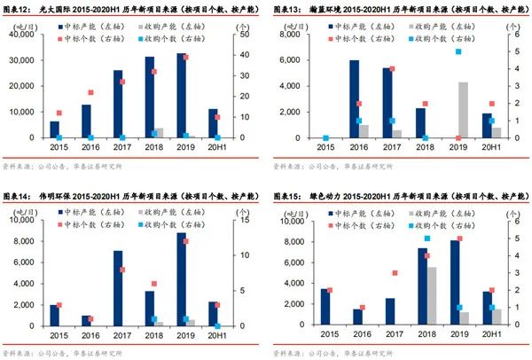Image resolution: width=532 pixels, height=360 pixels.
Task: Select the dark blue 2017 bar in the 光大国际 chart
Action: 118,104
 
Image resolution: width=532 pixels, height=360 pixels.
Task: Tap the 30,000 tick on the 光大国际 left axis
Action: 29,59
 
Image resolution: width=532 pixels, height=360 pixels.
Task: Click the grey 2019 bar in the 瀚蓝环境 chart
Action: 463,110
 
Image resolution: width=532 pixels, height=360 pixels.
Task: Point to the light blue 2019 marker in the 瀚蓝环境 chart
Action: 458,51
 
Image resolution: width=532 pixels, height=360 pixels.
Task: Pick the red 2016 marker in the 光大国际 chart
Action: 90,92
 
